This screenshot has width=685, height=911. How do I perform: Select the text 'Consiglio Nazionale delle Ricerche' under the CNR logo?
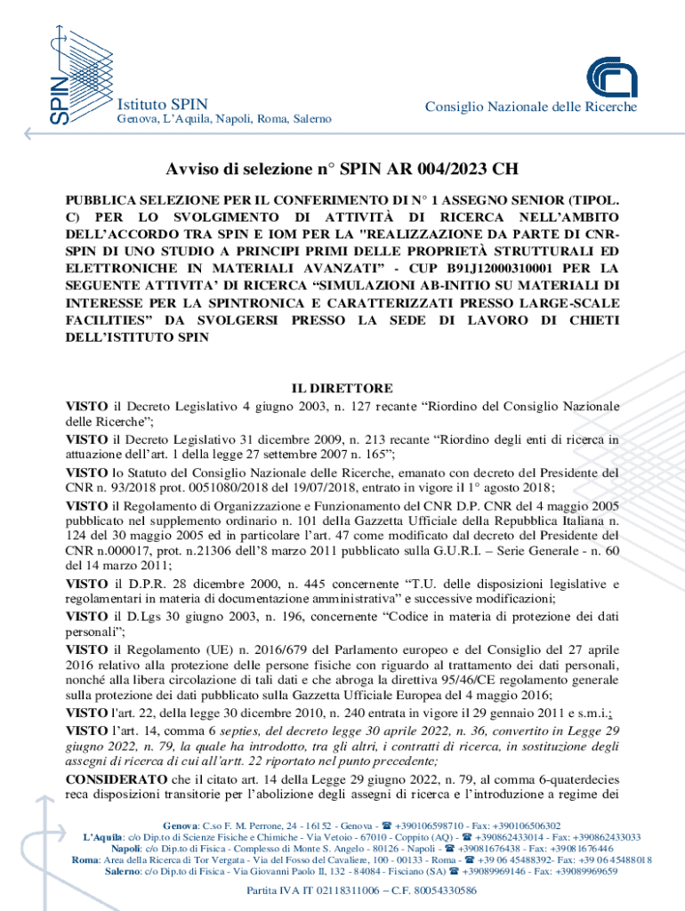click(x=531, y=107)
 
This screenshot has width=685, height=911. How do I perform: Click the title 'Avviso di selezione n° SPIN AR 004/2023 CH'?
click(x=342, y=169)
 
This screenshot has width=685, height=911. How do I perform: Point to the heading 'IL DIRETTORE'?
click(x=342, y=389)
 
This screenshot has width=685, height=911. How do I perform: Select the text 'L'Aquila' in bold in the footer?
click(x=104, y=837)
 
